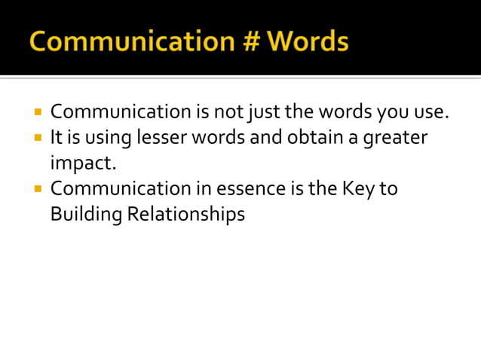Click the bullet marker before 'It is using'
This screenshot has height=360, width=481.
coord(36,138)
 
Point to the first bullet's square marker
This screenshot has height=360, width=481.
coord(36,113)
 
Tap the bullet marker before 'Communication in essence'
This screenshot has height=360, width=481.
coord(36,188)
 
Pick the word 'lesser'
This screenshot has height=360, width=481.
coord(161,139)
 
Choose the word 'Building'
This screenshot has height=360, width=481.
coord(85,215)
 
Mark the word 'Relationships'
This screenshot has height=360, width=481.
coord(185,215)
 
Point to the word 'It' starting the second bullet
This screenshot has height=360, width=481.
coord(56,139)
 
